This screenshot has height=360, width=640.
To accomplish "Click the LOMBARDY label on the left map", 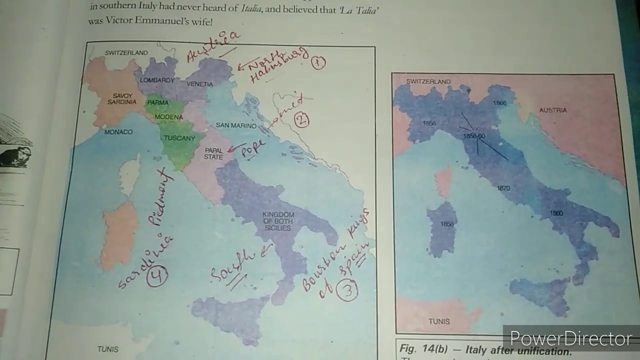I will click(x=157, y=80).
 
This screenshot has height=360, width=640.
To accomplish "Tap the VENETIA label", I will click(x=200, y=84).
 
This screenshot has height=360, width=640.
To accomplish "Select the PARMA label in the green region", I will click(x=158, y=103).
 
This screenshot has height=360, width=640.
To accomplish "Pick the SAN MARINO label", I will click(x=235, y=126).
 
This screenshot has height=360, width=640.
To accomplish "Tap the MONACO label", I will click(x=118, y=132).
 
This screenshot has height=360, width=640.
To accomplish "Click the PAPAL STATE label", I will click(x=213, y=153).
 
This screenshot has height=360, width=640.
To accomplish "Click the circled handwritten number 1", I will click(x=318, y=62).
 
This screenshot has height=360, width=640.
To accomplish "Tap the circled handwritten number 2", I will click(x=301, y=120).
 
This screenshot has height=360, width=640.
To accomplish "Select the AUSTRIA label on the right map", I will click(x=553, y=110).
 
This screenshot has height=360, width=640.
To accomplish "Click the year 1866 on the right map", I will click(x=499, y=103).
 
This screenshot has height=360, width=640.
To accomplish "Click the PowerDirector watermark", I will click(x=570, y=339).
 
